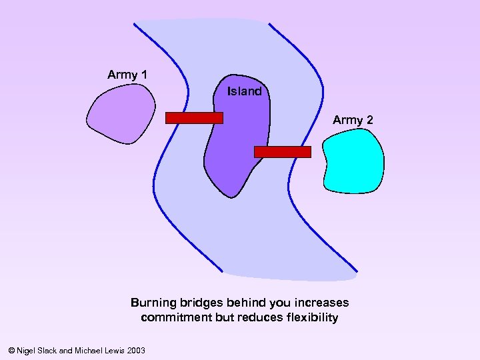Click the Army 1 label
tap(127, 75)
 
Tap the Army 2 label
tap(353, 120)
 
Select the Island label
tap(244, 91)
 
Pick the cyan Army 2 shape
tap(353, 162)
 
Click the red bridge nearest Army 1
tap(194, 118)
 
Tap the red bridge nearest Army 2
tap(283, 152)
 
